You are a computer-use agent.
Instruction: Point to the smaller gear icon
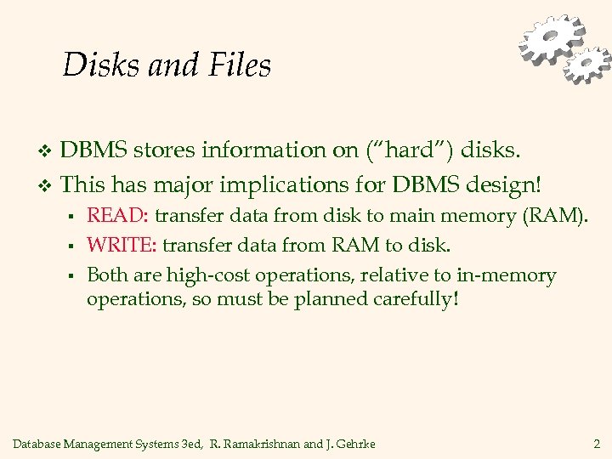(588, 64)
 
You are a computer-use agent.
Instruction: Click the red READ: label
(117, 216)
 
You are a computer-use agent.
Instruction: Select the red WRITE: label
(122, 245)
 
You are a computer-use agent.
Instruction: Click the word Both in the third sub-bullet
(106, 275)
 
